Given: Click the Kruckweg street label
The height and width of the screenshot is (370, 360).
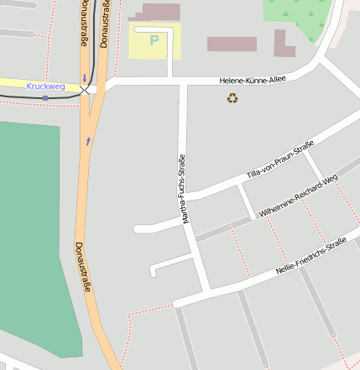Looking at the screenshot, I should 45,86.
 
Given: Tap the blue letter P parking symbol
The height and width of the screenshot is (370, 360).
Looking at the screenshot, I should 154,39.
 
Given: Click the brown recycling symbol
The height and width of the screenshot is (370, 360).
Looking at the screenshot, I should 232,99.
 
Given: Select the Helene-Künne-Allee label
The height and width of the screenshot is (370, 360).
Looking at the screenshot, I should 253,81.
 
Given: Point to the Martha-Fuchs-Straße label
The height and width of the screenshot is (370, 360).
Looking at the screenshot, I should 184,190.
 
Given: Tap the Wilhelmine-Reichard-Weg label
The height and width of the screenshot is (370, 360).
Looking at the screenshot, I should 299,197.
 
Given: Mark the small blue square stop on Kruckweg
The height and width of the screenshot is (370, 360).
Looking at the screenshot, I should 45,97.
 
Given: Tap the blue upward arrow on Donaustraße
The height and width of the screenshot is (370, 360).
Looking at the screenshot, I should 88,141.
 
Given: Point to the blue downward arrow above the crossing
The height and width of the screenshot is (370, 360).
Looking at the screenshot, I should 84,79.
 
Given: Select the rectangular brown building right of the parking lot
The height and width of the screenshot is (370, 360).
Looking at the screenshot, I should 232,44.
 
